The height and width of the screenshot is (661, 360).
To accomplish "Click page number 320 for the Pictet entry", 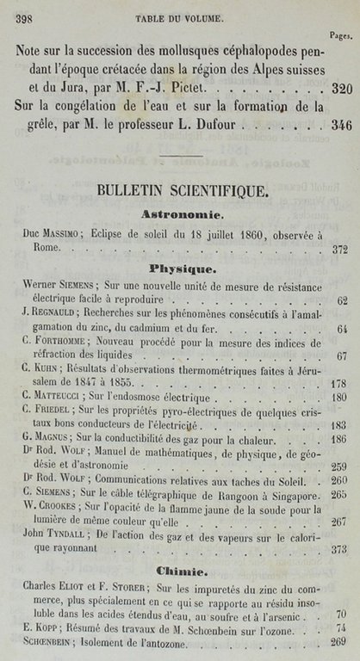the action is coord(341,88).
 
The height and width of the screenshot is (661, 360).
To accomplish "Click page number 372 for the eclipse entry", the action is coord(338,250).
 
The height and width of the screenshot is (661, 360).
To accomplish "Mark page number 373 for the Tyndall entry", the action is coord(338,550).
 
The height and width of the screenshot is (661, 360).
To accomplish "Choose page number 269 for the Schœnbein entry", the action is coord(338,641).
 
